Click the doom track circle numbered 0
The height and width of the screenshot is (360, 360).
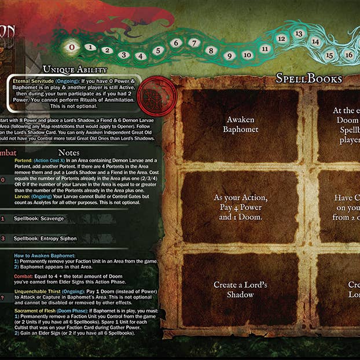tap(71, 46)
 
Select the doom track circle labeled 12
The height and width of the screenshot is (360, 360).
tap(281, 38)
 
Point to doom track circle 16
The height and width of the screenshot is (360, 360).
tap(348, 54)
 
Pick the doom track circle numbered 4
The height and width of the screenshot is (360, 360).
tap(140, 56)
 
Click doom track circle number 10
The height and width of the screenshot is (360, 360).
tap(247, 55)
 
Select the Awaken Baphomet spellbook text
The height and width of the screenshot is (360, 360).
tap(241, 124)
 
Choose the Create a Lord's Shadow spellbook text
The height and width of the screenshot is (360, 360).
tap(241, 289)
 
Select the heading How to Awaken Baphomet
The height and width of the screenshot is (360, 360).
tap(47, 255)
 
